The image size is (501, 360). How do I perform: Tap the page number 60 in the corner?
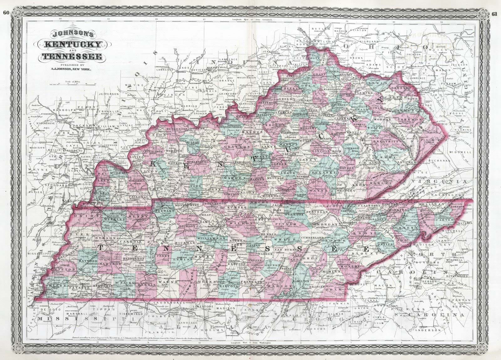click(6, 4)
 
